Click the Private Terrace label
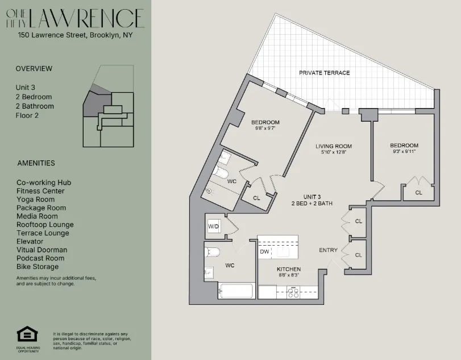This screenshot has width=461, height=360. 325,73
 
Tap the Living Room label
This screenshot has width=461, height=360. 334,146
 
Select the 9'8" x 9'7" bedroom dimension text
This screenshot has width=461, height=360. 265,129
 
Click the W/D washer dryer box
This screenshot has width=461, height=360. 214,226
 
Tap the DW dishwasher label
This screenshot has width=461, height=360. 264,251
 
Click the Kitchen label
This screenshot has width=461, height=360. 289,269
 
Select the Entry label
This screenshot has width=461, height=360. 328,250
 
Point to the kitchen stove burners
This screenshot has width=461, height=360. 293,292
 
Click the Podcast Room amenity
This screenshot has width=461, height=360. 41,258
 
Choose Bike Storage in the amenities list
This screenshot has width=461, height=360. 38,267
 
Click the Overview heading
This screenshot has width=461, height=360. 34,69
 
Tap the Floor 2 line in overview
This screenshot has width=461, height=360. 27,115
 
